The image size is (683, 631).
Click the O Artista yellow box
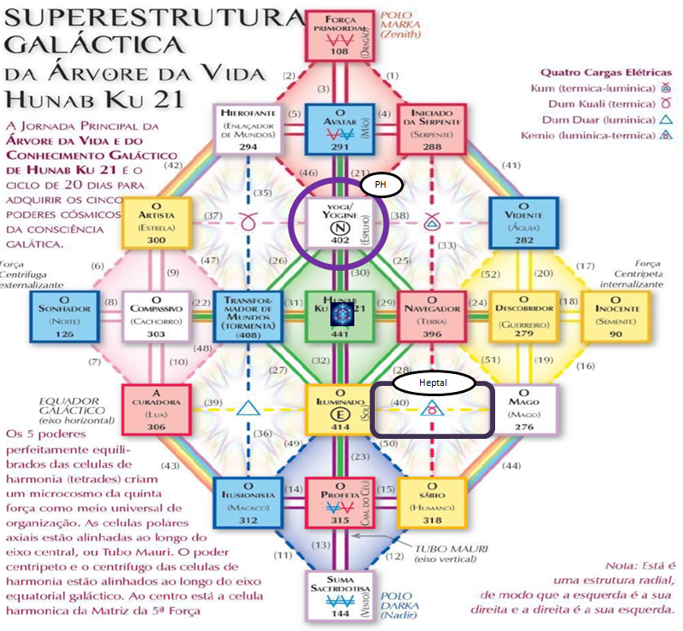coord(155,223)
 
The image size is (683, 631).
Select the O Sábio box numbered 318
coord(430,503)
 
